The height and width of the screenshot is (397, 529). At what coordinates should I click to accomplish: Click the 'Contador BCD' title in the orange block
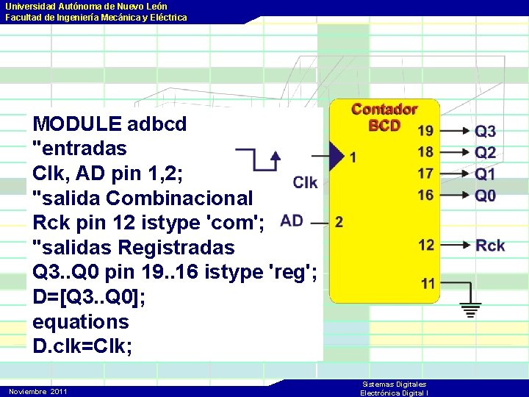click(384, 117)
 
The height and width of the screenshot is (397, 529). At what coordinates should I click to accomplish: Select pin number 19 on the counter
click(425, 132)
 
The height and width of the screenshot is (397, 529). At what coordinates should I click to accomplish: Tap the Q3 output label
click(486, 132)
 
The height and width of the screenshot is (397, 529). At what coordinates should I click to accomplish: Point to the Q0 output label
click(486, 196)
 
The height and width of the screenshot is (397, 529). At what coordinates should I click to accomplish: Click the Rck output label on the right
click(490, 246)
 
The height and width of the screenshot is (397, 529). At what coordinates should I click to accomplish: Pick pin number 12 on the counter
click(426, 245)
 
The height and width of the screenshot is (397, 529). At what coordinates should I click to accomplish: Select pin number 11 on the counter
click(428, 283)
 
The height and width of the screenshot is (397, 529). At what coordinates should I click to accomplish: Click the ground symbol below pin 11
click(471, 309)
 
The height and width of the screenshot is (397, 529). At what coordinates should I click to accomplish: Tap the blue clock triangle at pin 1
click(337, 156)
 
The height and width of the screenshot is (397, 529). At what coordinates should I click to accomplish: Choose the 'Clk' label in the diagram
click(305, 182)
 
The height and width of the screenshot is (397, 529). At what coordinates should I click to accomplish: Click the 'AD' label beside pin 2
click(292, 221)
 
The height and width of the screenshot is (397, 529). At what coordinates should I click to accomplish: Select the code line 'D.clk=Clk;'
click(83, 346)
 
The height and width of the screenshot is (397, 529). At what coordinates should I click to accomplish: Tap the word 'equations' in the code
click(81, 321)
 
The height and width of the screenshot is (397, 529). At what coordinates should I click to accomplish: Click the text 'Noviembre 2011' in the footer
click(37, 391)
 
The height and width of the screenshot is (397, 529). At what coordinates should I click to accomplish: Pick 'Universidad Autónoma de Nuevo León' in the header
click(86, 6)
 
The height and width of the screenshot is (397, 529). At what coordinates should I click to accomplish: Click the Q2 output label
click(486, 153)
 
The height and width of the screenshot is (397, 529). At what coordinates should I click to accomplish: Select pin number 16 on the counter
click(425, 195)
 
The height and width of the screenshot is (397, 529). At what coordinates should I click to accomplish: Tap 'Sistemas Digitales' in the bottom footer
click(395, 385)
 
